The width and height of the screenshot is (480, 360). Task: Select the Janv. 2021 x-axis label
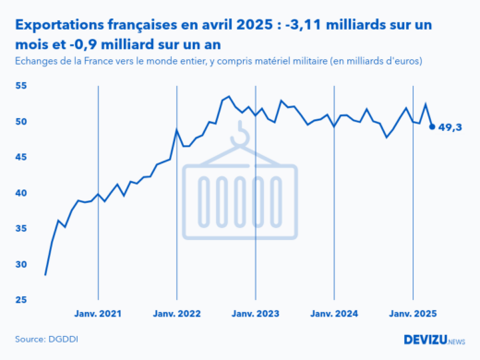tap(97, 314)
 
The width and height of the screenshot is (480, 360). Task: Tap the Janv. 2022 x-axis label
tap(176, 314)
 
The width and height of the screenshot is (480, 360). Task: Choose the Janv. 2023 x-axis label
tap(256, 314)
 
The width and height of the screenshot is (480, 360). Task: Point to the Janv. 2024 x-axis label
tap(334, 314)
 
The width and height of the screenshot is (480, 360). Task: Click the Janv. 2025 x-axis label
tap(413, 314)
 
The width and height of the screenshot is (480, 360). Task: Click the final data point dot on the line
tap(432, 126)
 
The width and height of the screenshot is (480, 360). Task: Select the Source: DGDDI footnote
tap(47, 339)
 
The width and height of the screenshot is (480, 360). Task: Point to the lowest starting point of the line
tap(45, 275)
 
